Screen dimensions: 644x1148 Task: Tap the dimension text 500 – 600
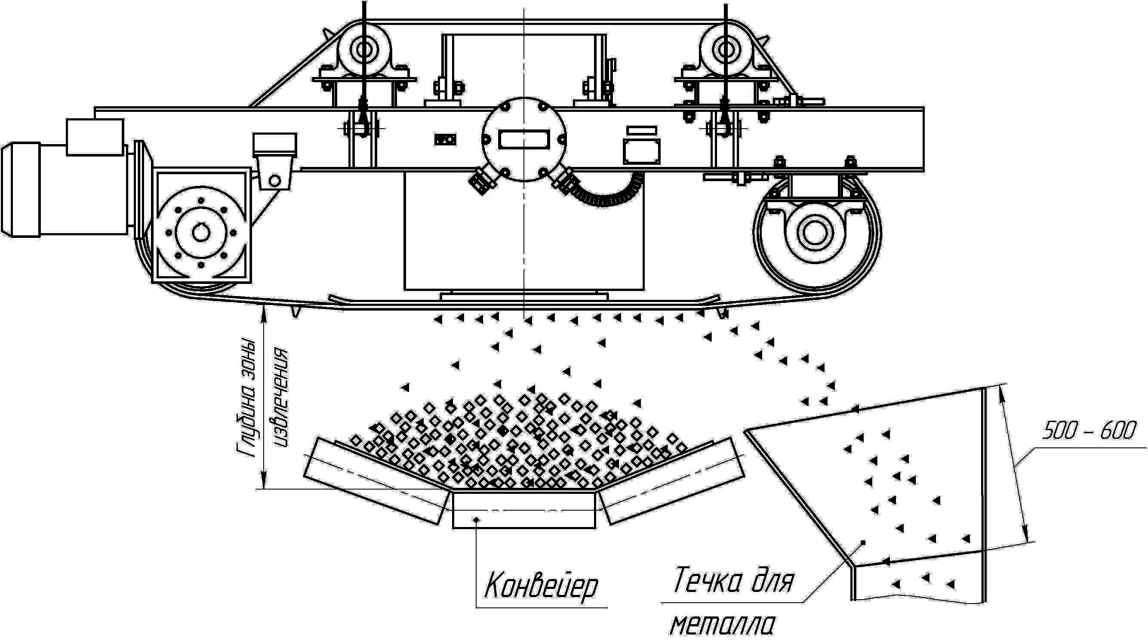coord(1089,431)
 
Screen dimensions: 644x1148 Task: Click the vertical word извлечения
coord(281,397)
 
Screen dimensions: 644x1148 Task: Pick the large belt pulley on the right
coord(816,232)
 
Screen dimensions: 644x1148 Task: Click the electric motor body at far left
coord(67,189)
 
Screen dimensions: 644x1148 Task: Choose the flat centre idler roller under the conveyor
coord(523,510)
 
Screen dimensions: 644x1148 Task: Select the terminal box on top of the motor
coord(95,137)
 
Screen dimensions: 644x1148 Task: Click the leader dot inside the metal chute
coord(863,542)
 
